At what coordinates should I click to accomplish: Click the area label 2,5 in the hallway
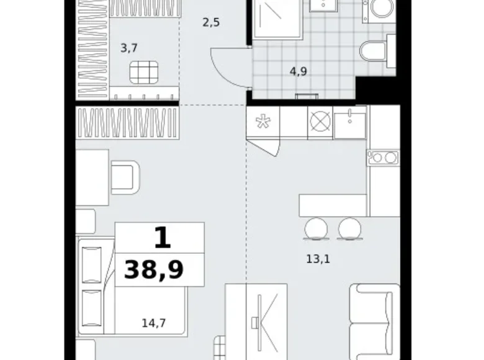211,23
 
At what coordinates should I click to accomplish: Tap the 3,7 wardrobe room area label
128,48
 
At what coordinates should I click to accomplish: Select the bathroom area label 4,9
298,71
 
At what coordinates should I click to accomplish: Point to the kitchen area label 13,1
318,259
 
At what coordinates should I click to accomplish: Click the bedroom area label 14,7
154,323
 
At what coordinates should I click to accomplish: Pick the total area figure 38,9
154,269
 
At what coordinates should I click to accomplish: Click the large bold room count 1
163,238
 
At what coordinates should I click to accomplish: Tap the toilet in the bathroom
377,52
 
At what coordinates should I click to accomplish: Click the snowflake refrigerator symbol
263,121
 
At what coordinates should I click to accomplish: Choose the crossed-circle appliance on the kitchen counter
320,121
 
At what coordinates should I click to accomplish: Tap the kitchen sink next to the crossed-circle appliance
350,122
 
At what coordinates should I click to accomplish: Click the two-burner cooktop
383,158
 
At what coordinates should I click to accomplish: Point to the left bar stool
316,229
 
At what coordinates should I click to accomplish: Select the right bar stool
349,229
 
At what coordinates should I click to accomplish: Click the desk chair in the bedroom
125,178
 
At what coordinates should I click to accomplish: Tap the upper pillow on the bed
92,265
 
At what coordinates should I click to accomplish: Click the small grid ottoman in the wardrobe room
144,72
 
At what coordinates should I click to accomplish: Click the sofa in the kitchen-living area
375,322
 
